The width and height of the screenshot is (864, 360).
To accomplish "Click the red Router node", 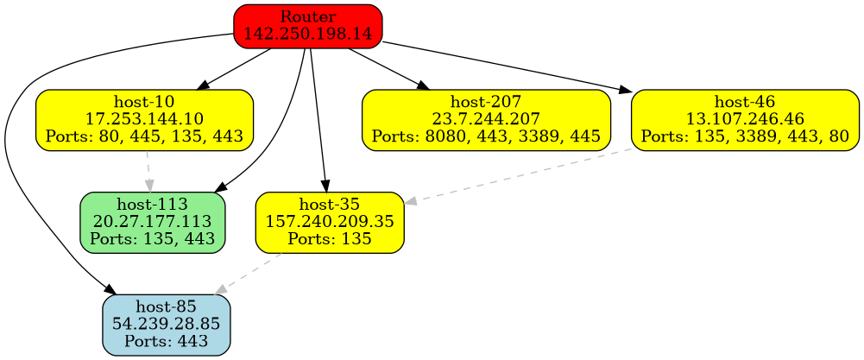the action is click(x=308, y=25).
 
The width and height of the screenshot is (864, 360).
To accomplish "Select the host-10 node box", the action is click(x=144, y=119).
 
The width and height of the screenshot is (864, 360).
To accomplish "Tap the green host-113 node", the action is click(x=153, y=222).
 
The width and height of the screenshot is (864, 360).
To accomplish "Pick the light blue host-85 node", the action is click(x=166, y=325).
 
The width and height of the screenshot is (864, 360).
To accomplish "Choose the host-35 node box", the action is click(x=330, y=222).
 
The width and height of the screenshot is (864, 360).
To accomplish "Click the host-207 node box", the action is click(x=486, y=119).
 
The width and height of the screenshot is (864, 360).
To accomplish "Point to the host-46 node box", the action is click(x=745, y=119).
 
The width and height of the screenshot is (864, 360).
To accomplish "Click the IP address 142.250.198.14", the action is click(x=308, y=34).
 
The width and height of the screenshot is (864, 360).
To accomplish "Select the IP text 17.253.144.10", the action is click(x=144, y=119).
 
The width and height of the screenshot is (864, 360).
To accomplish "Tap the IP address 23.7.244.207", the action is click(x=486, y=119).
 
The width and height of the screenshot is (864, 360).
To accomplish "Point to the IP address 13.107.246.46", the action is click(x=745, y=119).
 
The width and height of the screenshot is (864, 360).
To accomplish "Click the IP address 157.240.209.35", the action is click(x=330, y=222).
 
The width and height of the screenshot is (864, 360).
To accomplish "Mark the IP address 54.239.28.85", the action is click(x=166, y=325).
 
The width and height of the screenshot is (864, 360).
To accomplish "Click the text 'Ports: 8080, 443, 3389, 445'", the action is click(x=486, y=136).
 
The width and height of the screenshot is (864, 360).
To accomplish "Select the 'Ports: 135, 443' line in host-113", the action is click(x=153, y=238).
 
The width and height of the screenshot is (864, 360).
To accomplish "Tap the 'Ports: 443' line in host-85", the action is click(x=166, y=341).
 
